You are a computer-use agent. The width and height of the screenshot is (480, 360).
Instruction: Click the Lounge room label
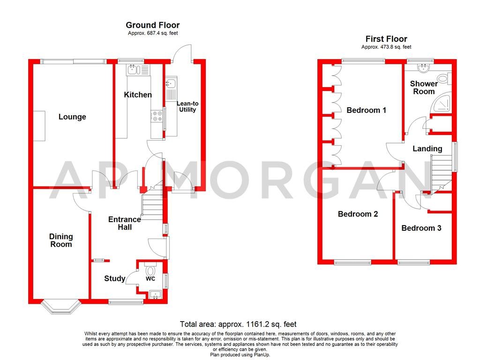72,117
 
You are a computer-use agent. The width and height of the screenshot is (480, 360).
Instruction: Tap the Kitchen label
138,95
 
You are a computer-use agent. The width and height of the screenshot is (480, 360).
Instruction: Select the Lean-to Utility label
186,106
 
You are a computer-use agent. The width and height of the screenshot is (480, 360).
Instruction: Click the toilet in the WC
150,271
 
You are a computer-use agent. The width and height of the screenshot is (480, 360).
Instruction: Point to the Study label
114,279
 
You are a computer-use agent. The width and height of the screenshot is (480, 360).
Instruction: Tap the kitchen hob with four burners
156,119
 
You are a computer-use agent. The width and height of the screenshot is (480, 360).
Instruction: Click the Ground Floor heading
152,25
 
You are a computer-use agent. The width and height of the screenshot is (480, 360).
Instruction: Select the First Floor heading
386,39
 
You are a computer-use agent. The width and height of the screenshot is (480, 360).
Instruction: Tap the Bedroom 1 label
366,110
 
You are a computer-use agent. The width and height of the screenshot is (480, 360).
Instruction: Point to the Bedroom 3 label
421,228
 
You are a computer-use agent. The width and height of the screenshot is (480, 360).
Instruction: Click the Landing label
427,149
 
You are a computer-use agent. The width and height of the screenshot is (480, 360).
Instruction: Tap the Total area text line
239,324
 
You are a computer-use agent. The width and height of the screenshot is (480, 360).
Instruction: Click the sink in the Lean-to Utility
170,84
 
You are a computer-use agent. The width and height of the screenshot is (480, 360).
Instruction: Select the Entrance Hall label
124,223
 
